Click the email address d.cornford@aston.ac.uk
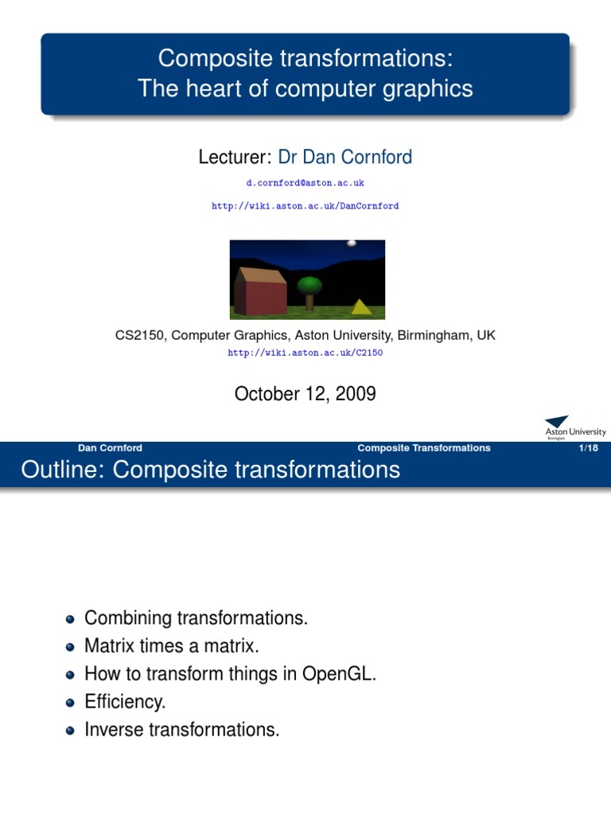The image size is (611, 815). click(x=305, y=182)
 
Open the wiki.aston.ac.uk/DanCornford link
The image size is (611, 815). click(x=305, y=205)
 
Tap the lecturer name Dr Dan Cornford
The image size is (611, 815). click(x=344, y=157)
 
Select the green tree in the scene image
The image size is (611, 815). click(x=309, y=288)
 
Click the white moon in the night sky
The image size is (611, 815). click(x=352, y=244)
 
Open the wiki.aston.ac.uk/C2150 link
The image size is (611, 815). click(x=305, y=353)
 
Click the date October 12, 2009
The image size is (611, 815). click(x=305, y=394)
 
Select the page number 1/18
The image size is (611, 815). click(x=589, y=448)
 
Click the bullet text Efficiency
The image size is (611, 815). click(x=125, y=702)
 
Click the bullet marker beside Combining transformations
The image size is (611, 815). click(x=71, y=618)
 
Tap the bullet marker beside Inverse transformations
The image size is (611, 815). click(x=71, y=731)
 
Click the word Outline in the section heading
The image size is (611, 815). click(x=62, y=470)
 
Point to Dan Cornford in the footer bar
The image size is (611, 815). click(x=111, y=448)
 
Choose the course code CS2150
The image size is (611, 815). click(x=140, y=336)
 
